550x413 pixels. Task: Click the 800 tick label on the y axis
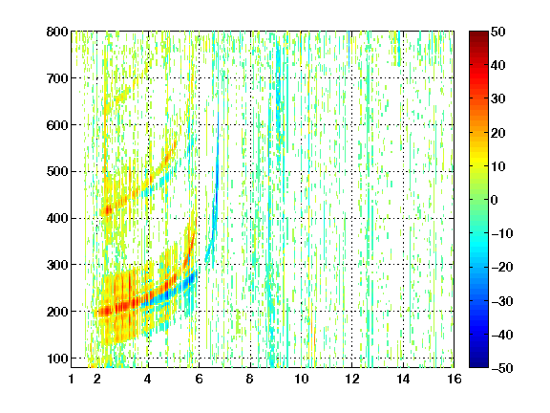point(57,32)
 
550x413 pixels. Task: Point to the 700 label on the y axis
point(57,78)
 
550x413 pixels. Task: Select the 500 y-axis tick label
point(57,172)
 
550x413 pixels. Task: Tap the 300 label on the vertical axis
point(57,265)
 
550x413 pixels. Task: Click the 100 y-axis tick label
point(57,359)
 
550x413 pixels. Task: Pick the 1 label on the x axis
point(72,380)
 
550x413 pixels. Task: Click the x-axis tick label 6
point(199,380)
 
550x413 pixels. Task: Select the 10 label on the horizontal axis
point(301,380)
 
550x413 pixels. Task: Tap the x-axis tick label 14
point(403,380)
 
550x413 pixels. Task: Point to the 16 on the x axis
point(454,380)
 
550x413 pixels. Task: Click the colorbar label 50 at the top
point(497,32)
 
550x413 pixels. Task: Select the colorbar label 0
point(495,200)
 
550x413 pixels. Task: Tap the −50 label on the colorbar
point(502,368)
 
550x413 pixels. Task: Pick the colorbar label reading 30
point(497,99)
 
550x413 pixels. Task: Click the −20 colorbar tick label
point(502,267)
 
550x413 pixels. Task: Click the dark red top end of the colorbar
point(478,34)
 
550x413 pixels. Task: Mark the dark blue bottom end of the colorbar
point(478,364)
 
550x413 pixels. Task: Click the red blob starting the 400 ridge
point(106,210)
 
